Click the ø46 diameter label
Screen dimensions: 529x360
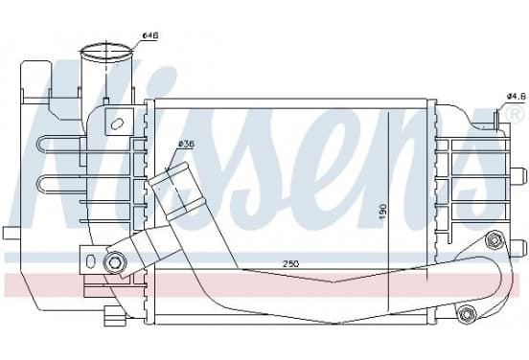(x=150, y=35)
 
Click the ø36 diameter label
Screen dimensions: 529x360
(x=187, y=145)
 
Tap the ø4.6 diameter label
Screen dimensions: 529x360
(x=517, y=97)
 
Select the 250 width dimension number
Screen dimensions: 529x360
(x=290, y=263)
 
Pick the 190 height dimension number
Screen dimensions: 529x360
(x=382, y=212)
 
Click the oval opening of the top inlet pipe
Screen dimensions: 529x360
(x=106, y=53)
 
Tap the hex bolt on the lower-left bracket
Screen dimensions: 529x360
(x=115, y=261)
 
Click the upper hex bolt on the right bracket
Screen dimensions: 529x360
(x=494, y=240)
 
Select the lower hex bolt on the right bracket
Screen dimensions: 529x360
(x=467, y=314)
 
